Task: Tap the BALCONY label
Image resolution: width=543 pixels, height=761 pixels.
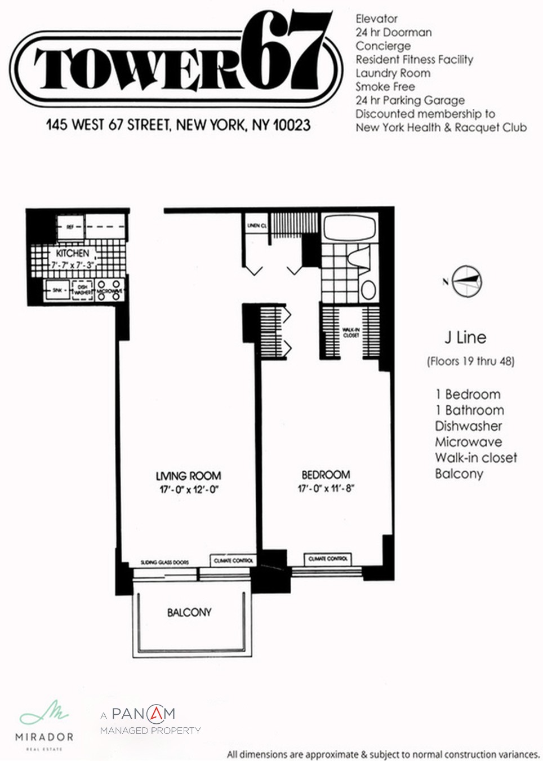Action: [189, 612]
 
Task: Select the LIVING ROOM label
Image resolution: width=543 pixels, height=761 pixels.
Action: [188, 475]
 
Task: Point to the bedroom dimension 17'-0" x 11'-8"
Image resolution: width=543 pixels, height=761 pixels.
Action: [326, 489]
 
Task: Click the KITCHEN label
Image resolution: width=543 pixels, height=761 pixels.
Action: [72, 254]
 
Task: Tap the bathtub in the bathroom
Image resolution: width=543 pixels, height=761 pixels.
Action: [349, 229]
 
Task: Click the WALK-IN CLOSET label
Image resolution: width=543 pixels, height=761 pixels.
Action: [350, 333]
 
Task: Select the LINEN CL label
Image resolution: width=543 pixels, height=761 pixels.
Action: [257, 225]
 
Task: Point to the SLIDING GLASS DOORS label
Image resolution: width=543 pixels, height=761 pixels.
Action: [164, 562]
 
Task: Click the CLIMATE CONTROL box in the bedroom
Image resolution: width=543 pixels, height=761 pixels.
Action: [328, 559]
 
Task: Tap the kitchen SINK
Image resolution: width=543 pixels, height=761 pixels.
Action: [57, 290]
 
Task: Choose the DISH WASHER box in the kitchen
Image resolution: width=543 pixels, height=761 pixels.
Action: [82, 290]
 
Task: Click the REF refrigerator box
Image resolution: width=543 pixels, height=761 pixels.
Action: [70, 227]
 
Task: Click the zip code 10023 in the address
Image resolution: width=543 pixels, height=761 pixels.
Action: [291, 125]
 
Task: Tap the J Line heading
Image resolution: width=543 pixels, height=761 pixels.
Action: [465, 338]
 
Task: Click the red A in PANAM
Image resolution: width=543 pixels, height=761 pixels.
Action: [155, 714]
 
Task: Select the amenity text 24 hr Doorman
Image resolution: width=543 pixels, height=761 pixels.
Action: [393, 33]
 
